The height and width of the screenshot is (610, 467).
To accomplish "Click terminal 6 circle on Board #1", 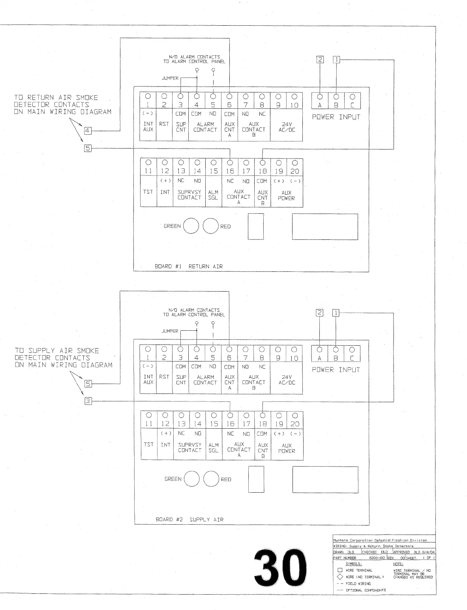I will pos(229,96).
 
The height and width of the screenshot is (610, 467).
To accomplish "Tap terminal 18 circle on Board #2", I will pos(263,415).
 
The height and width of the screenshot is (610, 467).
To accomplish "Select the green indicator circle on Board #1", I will pos(191,226).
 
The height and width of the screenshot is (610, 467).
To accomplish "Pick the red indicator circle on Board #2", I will pos(211,479).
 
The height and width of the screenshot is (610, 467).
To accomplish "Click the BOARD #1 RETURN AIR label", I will pos(188,266).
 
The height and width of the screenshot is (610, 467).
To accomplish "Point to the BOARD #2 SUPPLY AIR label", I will pos(189,519).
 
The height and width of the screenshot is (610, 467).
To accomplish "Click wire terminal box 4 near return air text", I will pos(88,130).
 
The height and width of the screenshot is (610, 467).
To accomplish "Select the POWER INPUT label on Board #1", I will pos(336,117).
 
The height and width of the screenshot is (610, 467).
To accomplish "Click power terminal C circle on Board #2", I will pos(352,349).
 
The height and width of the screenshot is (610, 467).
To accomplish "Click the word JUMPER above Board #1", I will pos(170,78).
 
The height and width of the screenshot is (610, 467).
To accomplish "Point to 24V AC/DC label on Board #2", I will pos(287,380).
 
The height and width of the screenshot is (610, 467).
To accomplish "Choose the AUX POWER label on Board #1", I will pos(286,196).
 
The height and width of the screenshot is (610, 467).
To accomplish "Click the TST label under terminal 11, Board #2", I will pos(148,444).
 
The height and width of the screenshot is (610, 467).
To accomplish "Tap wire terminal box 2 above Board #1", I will pos(320,60).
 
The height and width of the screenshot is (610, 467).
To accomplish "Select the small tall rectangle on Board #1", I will pos(255,226).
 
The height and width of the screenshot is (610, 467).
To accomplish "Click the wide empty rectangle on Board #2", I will pos(325,480).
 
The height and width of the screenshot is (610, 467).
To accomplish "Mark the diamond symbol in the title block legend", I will pos(340,577).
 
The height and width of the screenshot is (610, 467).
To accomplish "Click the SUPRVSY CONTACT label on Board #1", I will pos(189,195).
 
